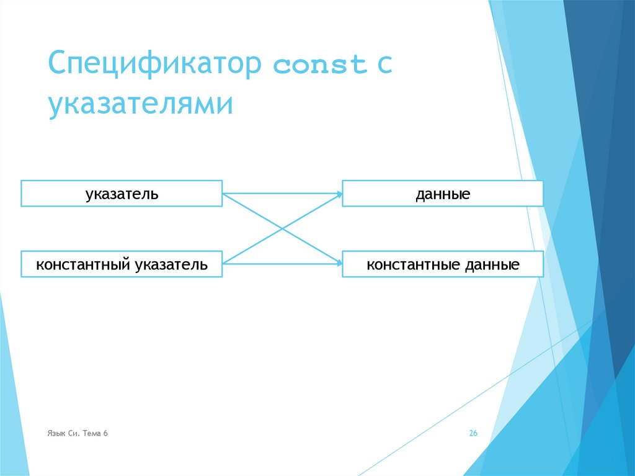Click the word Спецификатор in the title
pyautogui.click(x=154, y=65)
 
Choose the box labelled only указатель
pyautogui.click(x=122, y=194)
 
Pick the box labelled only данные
pyautogui.click(x=443, y=194)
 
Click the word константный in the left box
pyautogui.click(x=82, y=265)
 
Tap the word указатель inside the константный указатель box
pyautogui.click(x=169, y=265)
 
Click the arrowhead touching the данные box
pyautogui.click(x=339, y=194)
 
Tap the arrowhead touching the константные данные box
pyautogui.click(x=339, y=264)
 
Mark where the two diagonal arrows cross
pyautogui.click(x=282, y=229)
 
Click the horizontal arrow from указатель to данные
pyautogui.click(x=282, y=194)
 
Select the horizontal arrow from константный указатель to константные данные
pyautogui.click(x=282, y=264)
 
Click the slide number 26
pyautogui.click(x=473, y=434)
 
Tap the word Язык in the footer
pyautogui.click(x=55, y=433)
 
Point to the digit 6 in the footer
pyautogui.click(x=106, y=433)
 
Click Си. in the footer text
pyautogui.click(x=73, y=433)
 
